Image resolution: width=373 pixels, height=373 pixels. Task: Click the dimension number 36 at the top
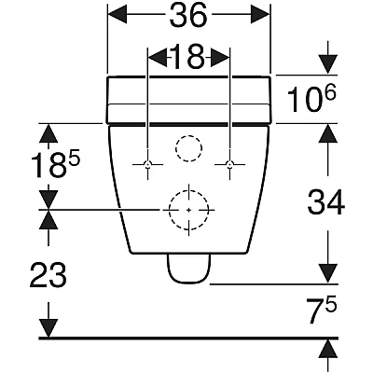coord(188,16)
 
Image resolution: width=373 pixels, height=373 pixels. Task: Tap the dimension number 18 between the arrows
coord(188,56)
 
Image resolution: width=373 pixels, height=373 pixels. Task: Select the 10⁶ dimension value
coord(312,99)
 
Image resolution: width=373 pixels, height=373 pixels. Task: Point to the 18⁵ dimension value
coord(56,166)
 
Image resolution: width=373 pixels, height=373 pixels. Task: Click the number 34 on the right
coord(326,201)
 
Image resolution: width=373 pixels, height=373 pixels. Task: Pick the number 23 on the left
coord(48,274)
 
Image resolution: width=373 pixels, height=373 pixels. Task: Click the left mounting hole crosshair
coord(148,164)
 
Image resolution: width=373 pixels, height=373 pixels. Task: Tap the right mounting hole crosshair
coord(229,164)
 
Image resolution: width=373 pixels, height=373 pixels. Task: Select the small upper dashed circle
coord(188,148)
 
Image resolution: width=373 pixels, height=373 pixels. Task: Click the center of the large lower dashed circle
coord(188,210)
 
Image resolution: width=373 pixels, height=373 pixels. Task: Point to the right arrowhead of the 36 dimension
coord(260,14)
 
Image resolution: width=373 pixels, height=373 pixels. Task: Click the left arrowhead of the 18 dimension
coord(158,57)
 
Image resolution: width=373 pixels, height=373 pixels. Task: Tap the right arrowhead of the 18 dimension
coord(220,57)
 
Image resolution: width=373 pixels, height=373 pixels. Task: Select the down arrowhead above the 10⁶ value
coord(328,64)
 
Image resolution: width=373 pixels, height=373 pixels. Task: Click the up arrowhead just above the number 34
coord(328,133)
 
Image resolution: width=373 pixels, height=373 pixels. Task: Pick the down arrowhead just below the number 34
coord(328,273)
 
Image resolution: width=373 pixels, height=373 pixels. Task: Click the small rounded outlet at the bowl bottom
coord(189,269)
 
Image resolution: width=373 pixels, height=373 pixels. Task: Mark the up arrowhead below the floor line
coord(328,349)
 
